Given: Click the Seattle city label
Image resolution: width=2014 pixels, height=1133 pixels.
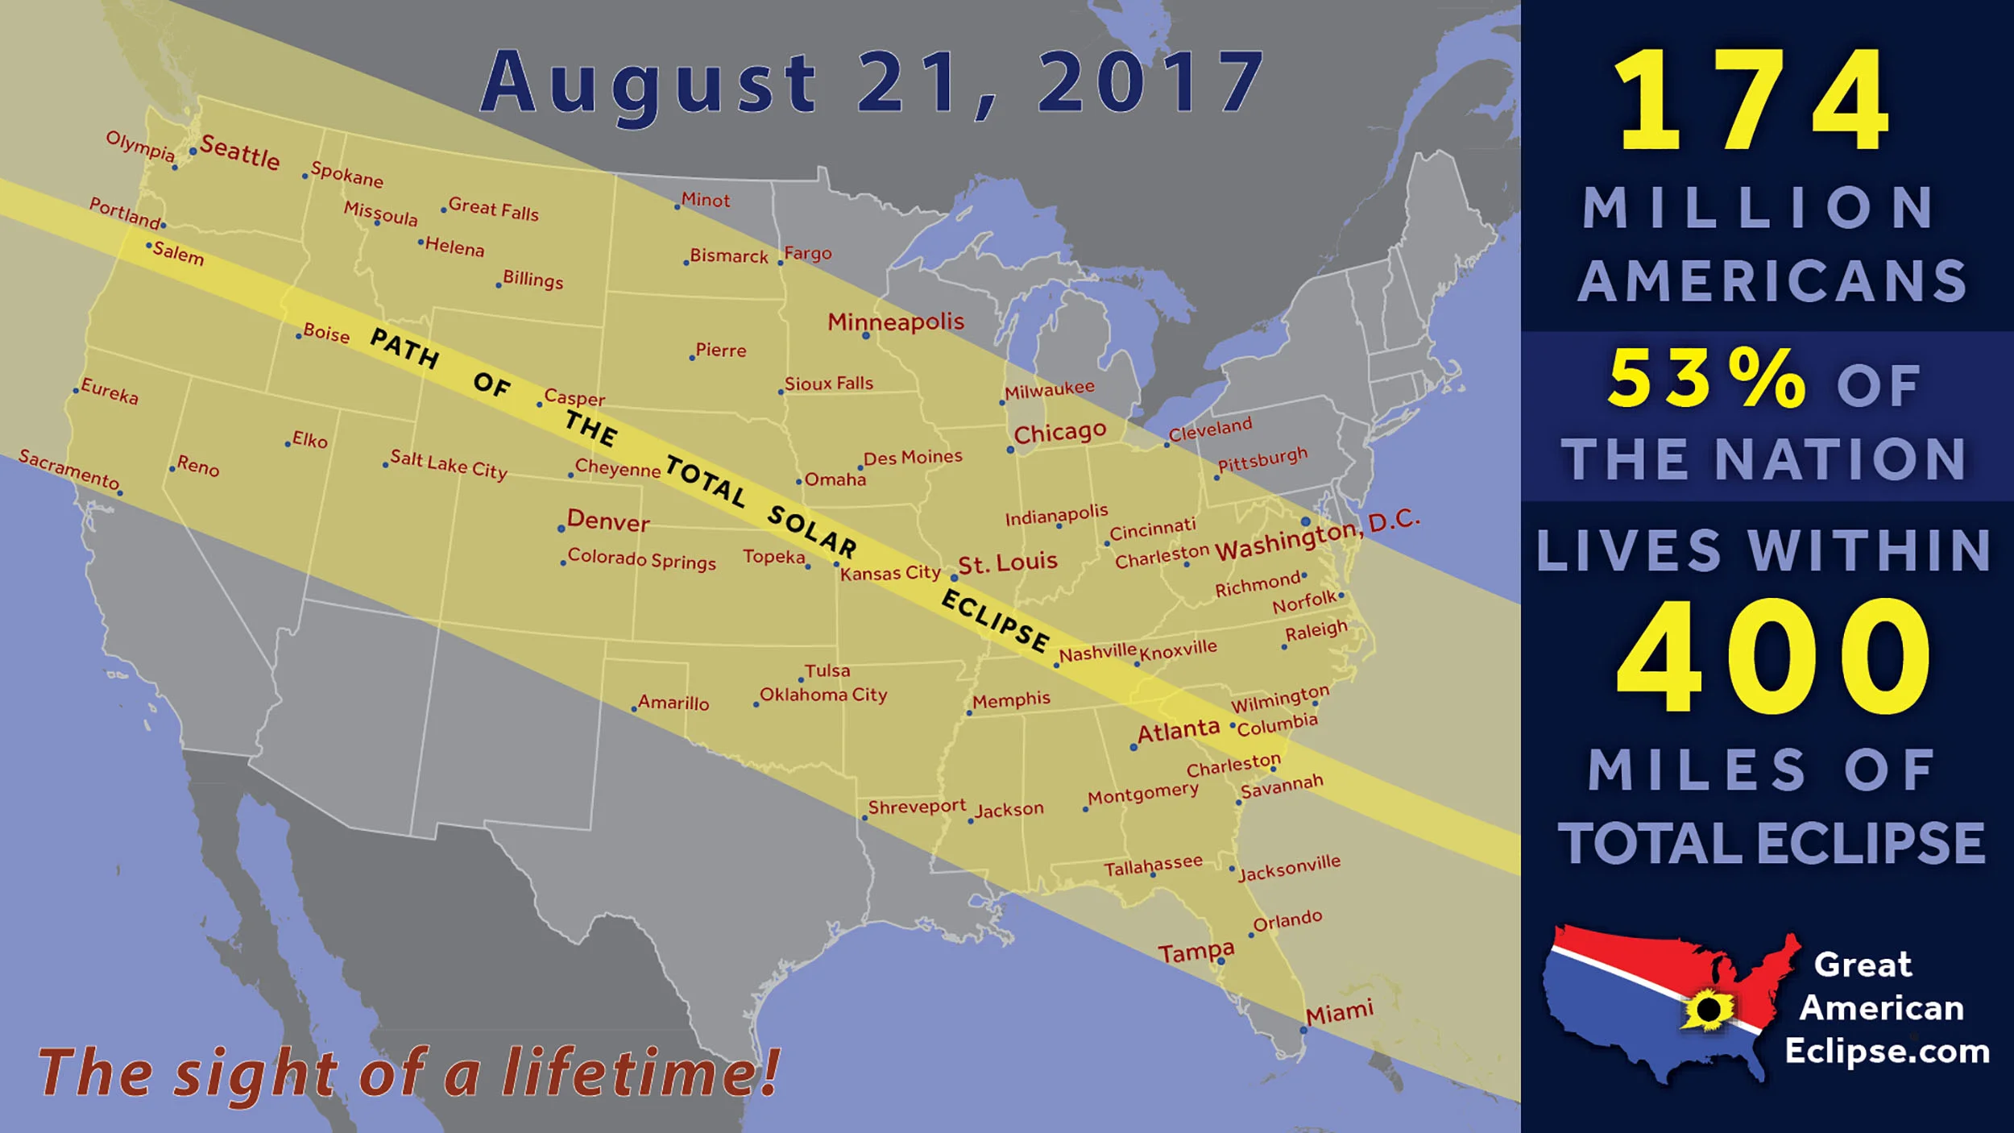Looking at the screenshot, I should [x=240, y=151].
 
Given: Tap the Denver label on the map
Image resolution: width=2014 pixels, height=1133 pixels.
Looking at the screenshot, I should [x=608, y=521].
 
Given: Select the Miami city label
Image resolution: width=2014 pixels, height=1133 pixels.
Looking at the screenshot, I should [x=1340, y=1012].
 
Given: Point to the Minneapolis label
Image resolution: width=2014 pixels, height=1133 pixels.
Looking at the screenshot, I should [x=896, y=322].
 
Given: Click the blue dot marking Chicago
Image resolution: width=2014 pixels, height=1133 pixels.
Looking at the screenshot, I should [x=1011, y=450].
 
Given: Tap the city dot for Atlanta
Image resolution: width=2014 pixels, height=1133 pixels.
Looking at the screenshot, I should [x=1133, y=748].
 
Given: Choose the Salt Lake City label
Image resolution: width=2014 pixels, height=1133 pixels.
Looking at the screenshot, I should [x=449, y=464].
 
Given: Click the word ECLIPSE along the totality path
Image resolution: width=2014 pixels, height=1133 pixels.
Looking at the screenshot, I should [x=996, y=620].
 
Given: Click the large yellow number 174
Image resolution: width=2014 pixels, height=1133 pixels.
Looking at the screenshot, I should [x=1753, y=100].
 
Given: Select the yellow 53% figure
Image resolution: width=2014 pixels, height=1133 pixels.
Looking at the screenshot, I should [x=1706, y=379].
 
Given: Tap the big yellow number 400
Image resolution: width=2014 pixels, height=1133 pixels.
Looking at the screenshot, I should [x=1773, y=657].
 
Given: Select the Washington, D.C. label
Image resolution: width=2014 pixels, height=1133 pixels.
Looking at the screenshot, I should [x=1317, y=535].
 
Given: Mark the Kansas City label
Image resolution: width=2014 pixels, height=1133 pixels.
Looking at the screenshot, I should [x=890, y=573].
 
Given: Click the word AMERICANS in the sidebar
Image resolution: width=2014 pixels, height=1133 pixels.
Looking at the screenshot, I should [x=1772, y=281].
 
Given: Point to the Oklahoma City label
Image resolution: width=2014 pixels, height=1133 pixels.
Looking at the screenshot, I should [x=823, y=695].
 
